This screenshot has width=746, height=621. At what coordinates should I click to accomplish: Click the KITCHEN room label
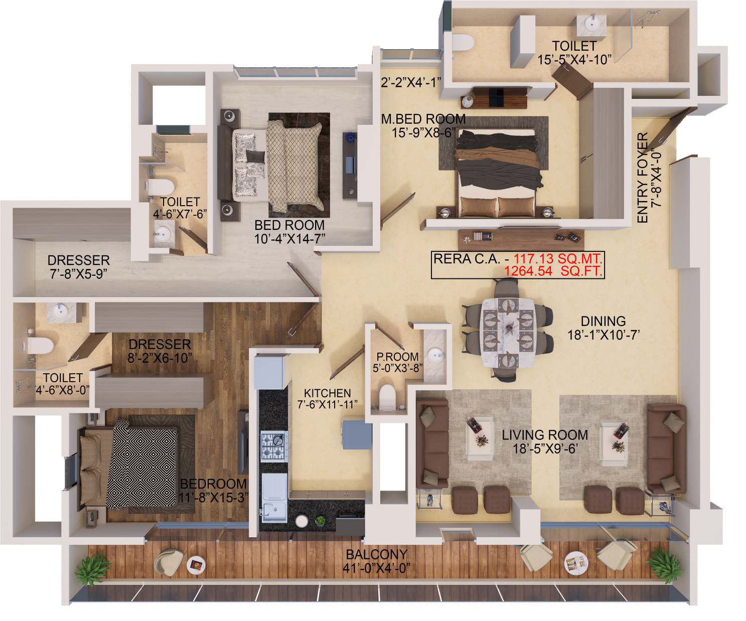click(327, 393)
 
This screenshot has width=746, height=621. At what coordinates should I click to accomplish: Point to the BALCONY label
click(376, 555)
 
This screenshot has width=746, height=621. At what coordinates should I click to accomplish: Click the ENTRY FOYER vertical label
click(643, 178)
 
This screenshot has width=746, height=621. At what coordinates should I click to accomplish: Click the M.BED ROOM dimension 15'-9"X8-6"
click(423, 133)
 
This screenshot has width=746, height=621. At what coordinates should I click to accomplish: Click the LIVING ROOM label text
click(544, 435)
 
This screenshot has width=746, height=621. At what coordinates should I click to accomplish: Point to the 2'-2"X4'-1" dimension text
click(410, 83)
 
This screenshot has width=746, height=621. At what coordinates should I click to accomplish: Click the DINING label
click(603, 321)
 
